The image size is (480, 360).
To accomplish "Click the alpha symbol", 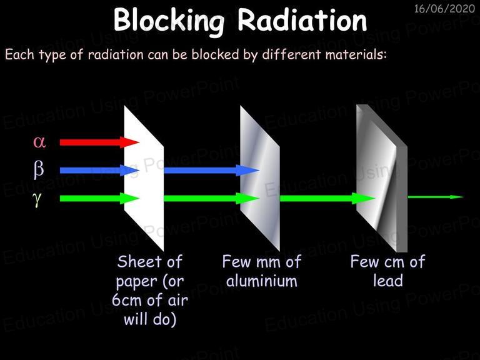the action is (39, 142).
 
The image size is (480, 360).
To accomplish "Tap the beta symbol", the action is (39, 169).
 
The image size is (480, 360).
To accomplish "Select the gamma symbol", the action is (37, 198).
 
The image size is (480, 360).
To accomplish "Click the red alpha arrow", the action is (99, 142).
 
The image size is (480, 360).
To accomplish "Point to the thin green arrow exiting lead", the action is (436, 197).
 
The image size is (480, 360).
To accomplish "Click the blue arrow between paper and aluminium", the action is (212, 170).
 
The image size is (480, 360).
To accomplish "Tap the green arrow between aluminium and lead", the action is (327, 198).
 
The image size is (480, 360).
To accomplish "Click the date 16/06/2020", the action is (444, 9).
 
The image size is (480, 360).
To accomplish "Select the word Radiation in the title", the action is (302, 20).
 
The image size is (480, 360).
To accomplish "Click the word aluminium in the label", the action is (262, 281).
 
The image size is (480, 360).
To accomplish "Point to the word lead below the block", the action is (388, 281).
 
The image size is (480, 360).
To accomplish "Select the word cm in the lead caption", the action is (394, 262).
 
